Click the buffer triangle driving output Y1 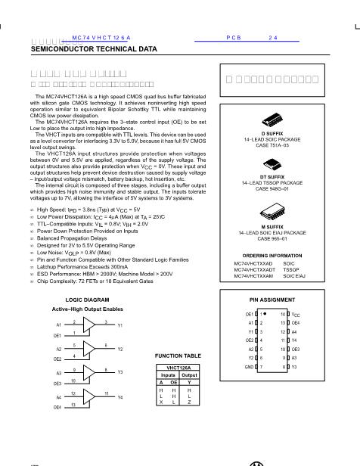point(89,324)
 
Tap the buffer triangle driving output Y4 point(89,396)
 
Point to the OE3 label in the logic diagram point(57,384)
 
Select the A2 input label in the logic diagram point(58,349)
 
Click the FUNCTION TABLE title point(177,354)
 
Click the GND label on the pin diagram point(249,366)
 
